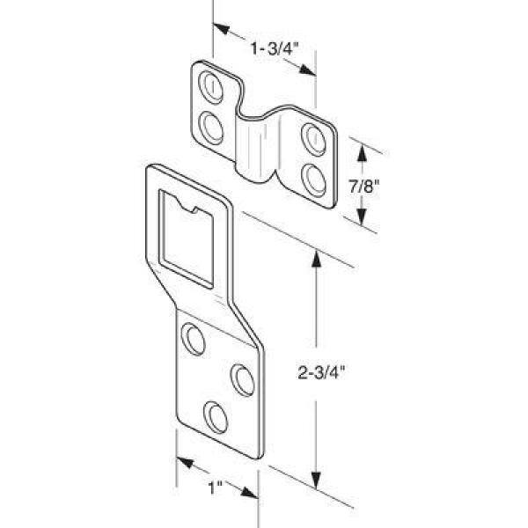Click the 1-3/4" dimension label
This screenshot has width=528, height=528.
[275, 48]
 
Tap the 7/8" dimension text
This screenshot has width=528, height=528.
[364, 187]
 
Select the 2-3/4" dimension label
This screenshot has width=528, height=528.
[321, 373]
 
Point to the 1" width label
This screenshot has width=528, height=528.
[216, 488]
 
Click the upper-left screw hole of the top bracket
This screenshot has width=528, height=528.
[211, 87]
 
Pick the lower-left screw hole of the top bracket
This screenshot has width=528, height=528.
[211, 128]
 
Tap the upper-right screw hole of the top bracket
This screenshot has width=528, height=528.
[313, 139]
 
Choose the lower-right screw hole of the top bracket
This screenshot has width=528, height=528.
[313, 180]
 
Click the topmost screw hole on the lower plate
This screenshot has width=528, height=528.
[193, 339]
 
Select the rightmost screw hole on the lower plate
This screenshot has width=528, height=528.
[243, 380]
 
